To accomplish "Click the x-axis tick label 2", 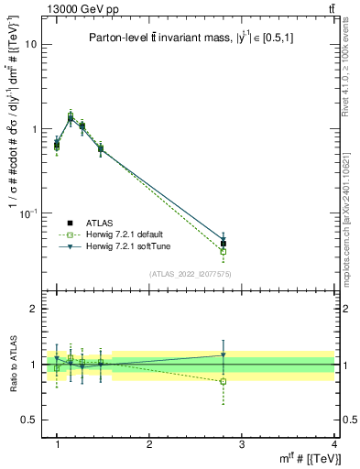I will pos(149,444).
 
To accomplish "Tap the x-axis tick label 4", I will pos(334,444).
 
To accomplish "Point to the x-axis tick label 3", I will pos(242,444).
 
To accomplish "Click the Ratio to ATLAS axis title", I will pos(11,365).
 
